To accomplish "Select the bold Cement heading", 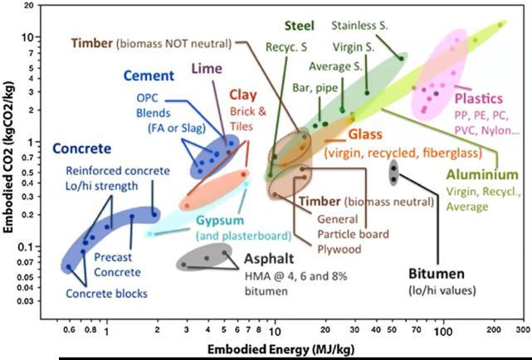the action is click(x=149, y=76).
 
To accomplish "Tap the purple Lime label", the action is click(x=207, y=68).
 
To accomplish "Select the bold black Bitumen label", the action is click(x=436, y=273).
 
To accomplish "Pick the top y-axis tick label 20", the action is click(x=29, y=7).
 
